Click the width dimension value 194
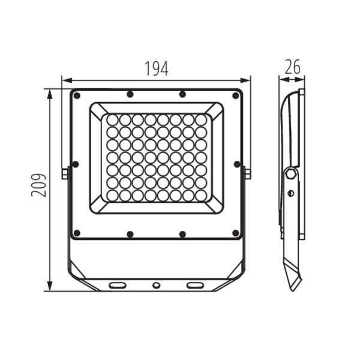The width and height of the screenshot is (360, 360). (x=156, y=68)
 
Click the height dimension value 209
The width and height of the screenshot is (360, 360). (x=39, y=185)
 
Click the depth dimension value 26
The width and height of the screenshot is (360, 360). (x=292, y=67)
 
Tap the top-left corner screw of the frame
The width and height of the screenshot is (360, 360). (x=76, y=95)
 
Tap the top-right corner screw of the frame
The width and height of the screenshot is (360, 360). (x=236, y=95)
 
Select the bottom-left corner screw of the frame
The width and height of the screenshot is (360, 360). (x=76, y=233)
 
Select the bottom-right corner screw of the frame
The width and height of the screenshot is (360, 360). (x=236, y=233)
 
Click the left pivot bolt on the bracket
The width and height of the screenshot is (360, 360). (x=65, y=174)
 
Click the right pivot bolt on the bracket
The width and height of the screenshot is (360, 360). (x=247, y=174)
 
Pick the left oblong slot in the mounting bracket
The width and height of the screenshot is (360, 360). (x=118, y=284)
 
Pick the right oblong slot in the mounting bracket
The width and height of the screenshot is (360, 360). (x=195, y=284)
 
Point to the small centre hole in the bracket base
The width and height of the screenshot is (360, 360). (x=156, y=285)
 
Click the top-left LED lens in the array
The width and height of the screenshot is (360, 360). (x=112, y=120)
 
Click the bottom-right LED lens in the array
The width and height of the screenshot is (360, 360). (x=200, y=195)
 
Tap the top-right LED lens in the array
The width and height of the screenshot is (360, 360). (x=200, y=120)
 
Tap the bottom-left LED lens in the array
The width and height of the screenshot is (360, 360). (x=112, y=195)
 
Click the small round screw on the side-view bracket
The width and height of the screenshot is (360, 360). (x=291, y=193)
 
